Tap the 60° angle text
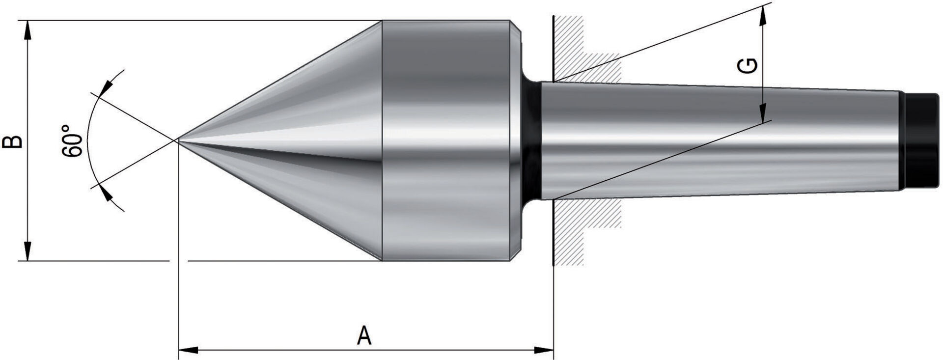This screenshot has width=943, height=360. (72, 141)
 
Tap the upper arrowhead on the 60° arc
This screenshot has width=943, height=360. (105, 88)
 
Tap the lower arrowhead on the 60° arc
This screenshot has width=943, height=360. (104, 193)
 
